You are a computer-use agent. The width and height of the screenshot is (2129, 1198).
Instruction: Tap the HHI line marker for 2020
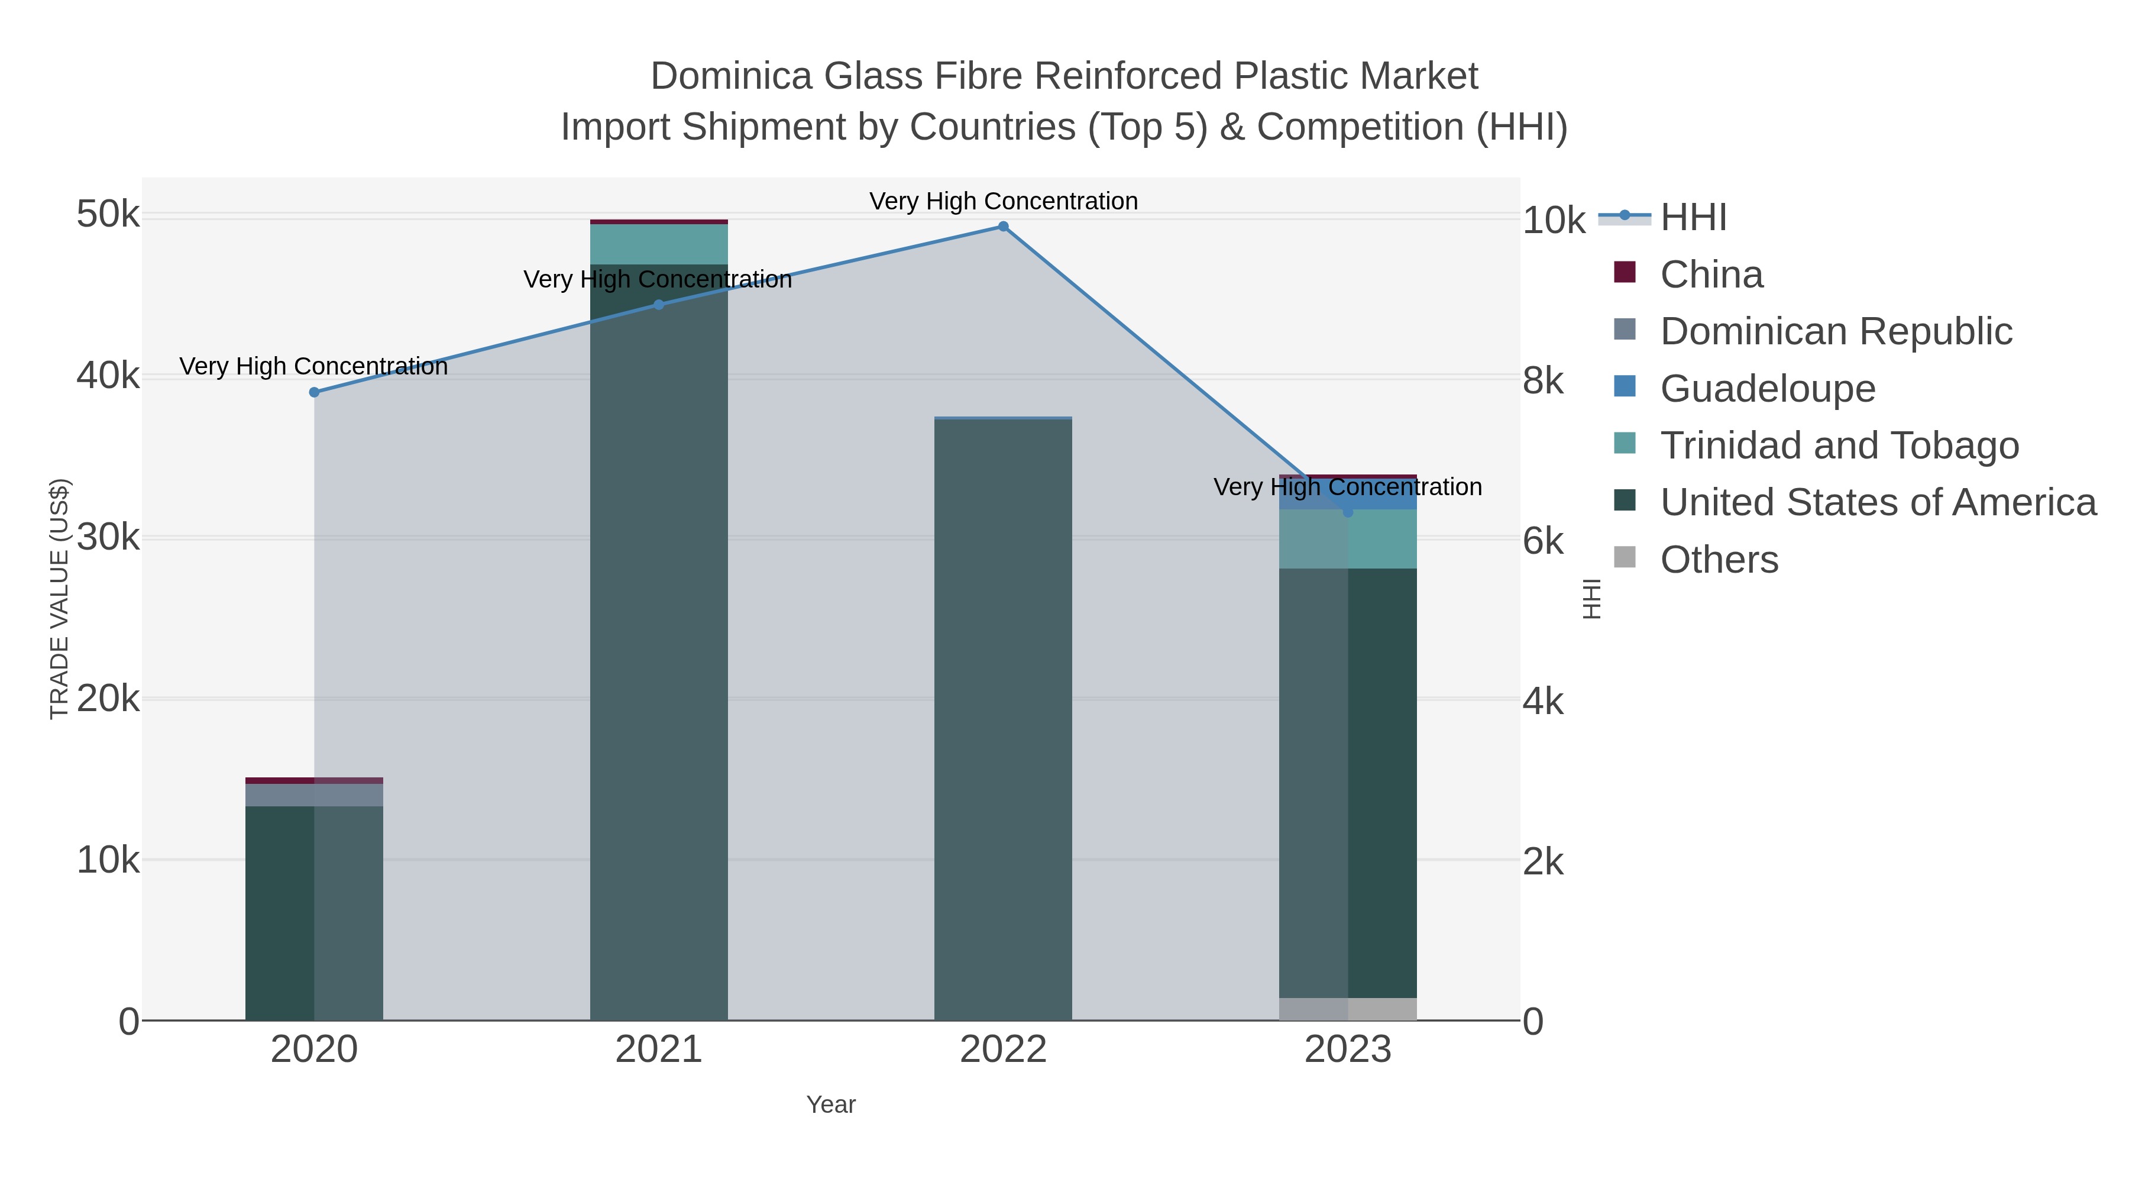pos(314,392)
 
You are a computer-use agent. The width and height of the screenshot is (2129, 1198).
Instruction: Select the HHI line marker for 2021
pos(659,305)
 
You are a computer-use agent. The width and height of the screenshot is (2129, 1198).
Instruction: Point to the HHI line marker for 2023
pos(1348,512)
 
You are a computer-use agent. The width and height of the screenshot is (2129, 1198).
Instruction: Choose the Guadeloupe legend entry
pos(1767,389)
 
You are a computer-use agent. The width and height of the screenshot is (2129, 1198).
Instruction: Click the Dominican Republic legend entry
pos(1836,331)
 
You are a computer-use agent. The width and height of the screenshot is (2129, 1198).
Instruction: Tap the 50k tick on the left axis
pos(108,215)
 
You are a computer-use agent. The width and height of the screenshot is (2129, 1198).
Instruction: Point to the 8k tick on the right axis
pos(1543,381)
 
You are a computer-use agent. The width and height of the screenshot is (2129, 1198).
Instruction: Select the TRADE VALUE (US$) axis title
pos(60,599)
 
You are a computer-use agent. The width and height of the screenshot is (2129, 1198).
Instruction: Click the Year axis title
pos(831,1105)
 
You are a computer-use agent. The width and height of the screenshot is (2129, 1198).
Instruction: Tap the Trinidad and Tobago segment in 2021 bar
pos(659,244)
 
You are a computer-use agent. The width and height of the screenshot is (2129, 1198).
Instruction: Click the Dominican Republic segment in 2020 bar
pos(314,795)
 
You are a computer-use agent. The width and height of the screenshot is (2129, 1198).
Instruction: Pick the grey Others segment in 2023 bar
pos(1348,1009)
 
